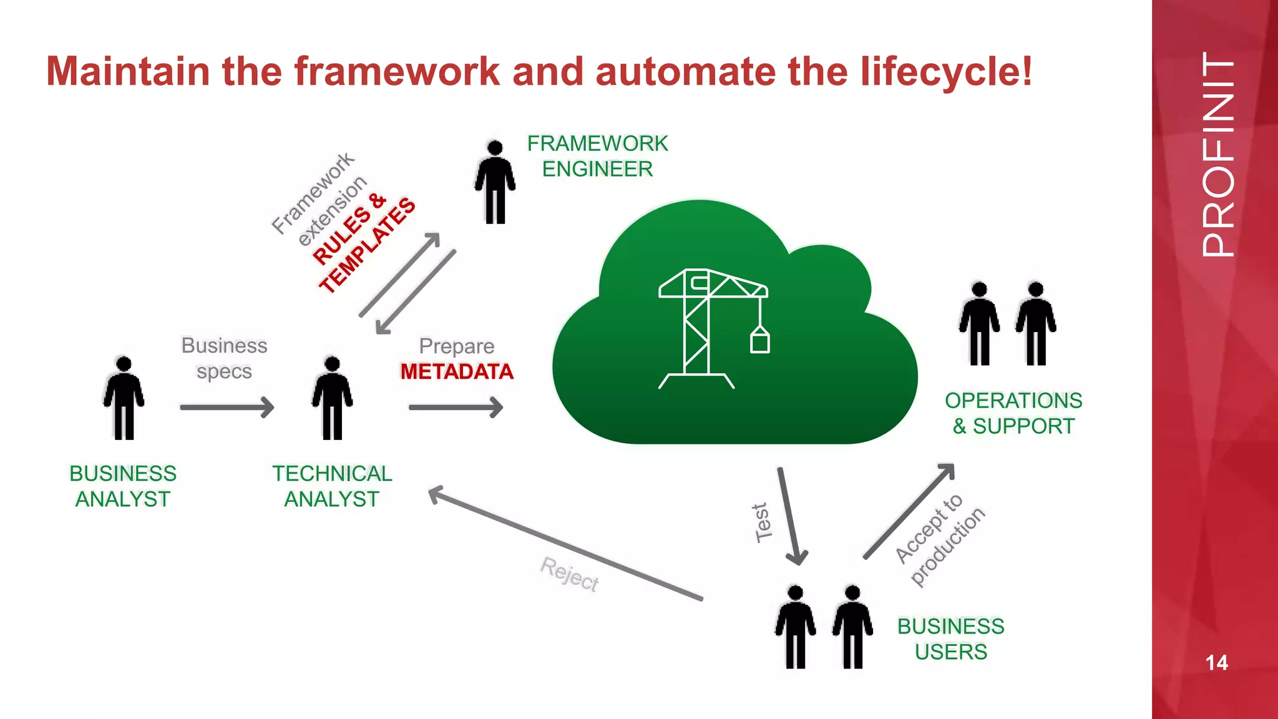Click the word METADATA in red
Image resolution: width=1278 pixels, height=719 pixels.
click(x=457, y=372)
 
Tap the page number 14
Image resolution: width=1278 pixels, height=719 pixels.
click(x=1216, y=662)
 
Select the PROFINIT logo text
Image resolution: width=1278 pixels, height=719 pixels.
click(x=1217, y=154)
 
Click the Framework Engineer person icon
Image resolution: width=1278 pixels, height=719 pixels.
click(x=495, y=182)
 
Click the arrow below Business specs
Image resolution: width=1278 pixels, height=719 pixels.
click(x=227, y=408)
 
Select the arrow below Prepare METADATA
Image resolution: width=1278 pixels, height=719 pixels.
click(x=456, y=408)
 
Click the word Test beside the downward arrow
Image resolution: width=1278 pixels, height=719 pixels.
click(x=762, y=523)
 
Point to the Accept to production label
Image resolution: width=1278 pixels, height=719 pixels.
click(x=940, y=540)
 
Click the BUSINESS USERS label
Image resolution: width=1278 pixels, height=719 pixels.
click(x=950, y=639)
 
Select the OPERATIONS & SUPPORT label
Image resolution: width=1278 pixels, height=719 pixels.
click(x=1013, y=413)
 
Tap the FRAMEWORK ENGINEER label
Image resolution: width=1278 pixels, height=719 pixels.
click(x=597, y=156)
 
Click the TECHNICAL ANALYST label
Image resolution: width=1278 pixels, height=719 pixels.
click(x=332, y=486)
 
